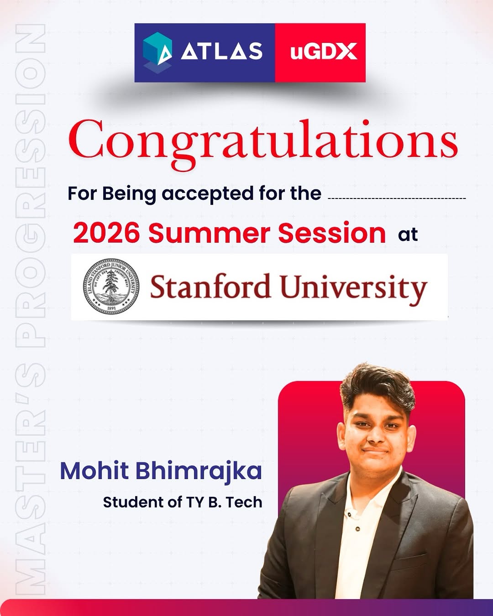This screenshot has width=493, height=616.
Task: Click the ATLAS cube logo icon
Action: click(x=157, y=51)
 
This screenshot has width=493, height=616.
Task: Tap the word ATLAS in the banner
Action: click(x=222, y=51)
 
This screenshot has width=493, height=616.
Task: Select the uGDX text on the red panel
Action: click(x=323, y=52)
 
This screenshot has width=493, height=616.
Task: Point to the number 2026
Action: click(x=106, y=233)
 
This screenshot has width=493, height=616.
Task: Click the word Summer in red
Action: click(x=210, y=233)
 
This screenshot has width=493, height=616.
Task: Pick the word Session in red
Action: click(x=332, y=233)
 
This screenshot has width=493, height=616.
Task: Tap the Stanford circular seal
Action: click(x=111, y=286)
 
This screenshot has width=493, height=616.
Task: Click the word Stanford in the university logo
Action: click(x=210, y=287)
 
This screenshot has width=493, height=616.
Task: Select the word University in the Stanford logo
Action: click(x=353, y=288)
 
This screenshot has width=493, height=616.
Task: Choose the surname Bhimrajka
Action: click(x=199, y=471)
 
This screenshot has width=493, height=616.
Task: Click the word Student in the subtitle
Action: click(x=127, y=502)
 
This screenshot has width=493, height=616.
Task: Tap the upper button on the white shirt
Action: click(x=349, y=515)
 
